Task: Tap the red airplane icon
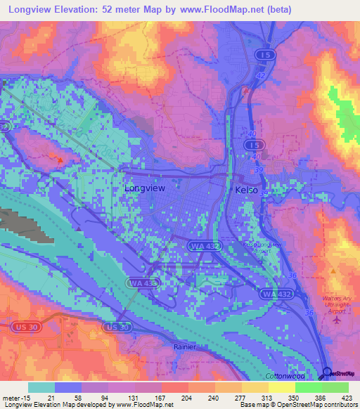(x=335, y=320)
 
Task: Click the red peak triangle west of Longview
(x=60, y=160)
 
